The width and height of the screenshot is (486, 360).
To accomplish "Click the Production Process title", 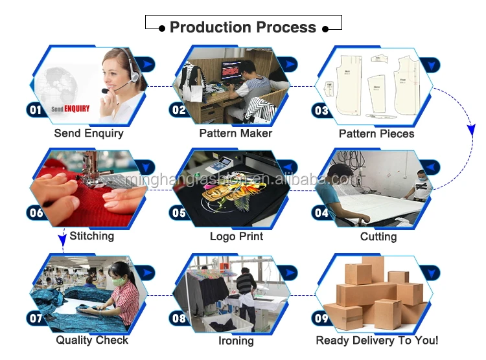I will [242, 27].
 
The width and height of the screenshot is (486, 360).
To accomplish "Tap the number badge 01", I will [35, 110].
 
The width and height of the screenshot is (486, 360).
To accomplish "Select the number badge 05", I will [178, 212].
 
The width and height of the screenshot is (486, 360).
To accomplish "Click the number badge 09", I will [322, 319].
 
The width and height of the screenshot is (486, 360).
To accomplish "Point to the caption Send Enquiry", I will [89, 133].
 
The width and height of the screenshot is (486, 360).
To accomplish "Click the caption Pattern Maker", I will [236, 133].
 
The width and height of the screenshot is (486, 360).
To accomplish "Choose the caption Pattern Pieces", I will [376, 133].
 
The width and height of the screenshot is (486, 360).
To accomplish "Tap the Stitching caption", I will [91, 236].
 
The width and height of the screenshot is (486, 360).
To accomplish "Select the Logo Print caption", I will [237, 236].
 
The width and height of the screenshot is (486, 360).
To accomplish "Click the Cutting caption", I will [378, 236].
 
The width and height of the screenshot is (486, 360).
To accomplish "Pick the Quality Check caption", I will [92, 340].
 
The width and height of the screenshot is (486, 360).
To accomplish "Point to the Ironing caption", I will [236, 341].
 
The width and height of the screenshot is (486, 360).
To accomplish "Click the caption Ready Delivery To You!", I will [377, 340].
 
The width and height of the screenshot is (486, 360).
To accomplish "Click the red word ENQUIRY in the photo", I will [77, 109].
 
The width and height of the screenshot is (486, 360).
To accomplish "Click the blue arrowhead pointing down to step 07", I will [62, 241].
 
